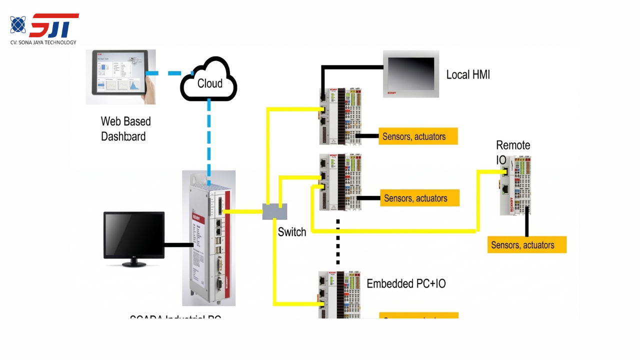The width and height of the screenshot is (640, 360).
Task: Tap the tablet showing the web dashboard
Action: click(120, 76)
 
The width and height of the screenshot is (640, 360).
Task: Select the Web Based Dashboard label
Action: click(125, 128)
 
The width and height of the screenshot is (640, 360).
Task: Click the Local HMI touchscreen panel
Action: click(411, 73)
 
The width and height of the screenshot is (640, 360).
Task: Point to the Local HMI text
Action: click(468, 75)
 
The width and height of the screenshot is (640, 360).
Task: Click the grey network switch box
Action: click(274, 211)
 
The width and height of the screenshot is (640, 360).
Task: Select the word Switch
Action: click(292, 232)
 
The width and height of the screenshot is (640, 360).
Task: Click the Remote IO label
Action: click(512, 152)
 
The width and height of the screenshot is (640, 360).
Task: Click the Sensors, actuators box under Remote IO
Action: click(527, 245)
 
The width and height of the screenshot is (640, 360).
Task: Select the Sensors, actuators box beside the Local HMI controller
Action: click(418, 136)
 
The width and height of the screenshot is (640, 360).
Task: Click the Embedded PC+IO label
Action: click(406, 283)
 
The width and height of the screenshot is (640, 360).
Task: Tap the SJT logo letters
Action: click(54, 25)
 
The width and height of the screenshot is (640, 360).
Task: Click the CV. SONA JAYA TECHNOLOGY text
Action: click(43, 42)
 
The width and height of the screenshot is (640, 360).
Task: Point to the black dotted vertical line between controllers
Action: click(338, 241)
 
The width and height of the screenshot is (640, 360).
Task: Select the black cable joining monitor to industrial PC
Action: click(178, 244)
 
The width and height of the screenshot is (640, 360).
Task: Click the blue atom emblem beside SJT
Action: click(18, 24)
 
